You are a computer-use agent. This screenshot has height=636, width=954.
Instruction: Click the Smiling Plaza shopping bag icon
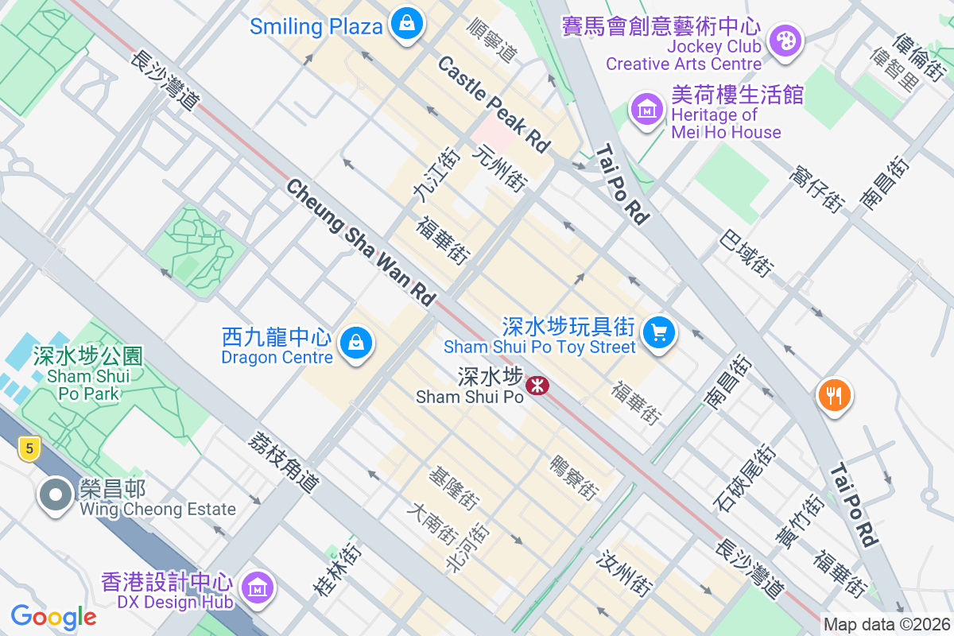click(x=407, y=25)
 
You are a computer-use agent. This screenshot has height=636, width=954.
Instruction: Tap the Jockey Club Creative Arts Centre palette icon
click(x=785, y=40)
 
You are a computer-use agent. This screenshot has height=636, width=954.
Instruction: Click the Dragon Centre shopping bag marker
click(x=356, y=343)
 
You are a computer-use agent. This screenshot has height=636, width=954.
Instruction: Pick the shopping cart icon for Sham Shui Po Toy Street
click(x=658, y=332)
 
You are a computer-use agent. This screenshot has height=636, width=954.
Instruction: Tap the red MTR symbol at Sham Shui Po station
click(x=538, y=386)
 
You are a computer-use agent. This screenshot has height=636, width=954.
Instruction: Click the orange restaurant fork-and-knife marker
click(x=834, y=394)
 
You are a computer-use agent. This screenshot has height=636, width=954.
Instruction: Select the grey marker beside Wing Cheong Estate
click(x=55, y=494)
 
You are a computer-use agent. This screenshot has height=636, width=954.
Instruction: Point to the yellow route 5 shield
click(x=29, y=449)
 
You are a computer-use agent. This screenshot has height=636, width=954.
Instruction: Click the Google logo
click(x=53, y=616)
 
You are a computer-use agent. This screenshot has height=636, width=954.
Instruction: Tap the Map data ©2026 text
click(x=886, y=625)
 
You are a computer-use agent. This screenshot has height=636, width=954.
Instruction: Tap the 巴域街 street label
click(x=746, y=253)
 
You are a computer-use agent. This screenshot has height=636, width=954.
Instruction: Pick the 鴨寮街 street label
click(x=574, y=477)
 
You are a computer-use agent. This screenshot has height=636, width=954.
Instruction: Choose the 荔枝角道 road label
click(x=284, y=462)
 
